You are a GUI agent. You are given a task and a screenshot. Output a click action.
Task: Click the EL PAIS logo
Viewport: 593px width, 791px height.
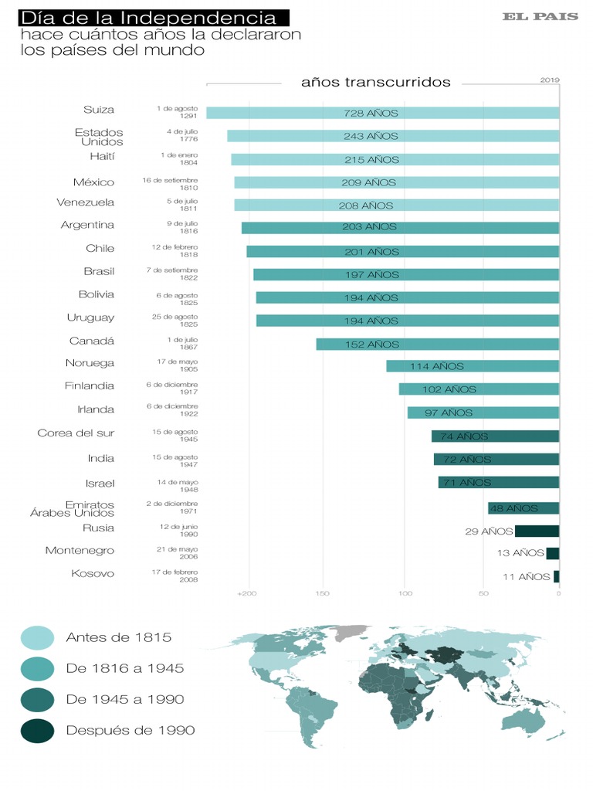(x=540, y=16)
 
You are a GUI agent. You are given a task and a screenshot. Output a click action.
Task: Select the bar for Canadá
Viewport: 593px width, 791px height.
(x=437, y=345)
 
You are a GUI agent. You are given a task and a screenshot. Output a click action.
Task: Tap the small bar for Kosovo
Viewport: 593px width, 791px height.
(x=556, y=576)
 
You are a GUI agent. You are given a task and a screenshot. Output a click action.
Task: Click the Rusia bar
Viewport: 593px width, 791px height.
(x=537, y=531)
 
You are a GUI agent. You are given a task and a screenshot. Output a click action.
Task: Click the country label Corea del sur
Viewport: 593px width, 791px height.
(x=76, y=433)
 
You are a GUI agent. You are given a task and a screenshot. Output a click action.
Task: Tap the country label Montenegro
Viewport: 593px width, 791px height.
(x=80, y=551)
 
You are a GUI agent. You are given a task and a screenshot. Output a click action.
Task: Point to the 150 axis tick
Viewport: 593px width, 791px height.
(x=322, y=594)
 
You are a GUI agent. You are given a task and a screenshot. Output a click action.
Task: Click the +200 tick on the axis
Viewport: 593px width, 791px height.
(x=246, y=594)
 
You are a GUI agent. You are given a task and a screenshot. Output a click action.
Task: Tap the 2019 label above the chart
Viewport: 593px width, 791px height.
(x=550, y=80)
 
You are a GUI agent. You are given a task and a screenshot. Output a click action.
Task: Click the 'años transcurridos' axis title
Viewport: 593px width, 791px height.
(x=375, y=83)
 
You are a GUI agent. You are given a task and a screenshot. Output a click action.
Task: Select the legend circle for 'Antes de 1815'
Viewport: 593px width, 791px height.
(x=36, y=637)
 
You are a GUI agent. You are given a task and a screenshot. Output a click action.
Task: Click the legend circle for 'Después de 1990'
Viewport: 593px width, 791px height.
(x=36, y=730)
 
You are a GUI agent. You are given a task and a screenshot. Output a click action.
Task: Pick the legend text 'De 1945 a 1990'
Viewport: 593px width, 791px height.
(x=125, y=699)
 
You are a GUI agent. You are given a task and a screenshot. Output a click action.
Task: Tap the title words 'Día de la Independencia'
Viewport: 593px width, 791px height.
(x=147, y=17)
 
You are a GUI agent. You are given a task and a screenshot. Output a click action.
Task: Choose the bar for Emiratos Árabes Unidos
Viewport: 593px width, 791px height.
(x=523, y=508)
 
